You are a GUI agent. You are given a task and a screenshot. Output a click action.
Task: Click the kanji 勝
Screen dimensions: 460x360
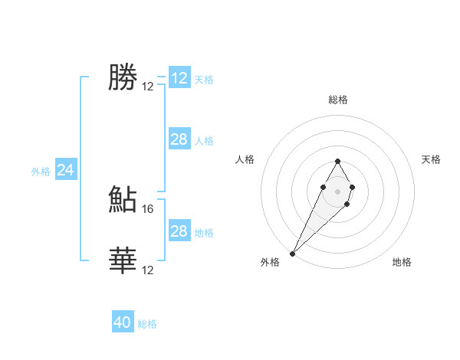tap(123, 77)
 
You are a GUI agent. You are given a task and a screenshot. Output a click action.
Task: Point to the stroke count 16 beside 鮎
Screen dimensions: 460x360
tap(149, 208)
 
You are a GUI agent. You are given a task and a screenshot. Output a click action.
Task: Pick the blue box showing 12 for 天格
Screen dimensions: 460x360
tap(179, 78)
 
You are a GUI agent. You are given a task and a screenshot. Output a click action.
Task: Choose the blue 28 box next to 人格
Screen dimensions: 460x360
tap(179, 139)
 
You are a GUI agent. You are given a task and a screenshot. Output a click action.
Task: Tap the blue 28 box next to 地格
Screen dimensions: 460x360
tap(179, 231)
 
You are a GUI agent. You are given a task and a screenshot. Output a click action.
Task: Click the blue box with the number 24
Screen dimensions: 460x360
tap(66, 170)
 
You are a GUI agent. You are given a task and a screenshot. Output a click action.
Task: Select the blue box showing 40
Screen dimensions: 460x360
tap(123, 322)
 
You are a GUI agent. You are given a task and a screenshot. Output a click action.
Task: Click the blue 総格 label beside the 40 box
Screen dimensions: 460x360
tap(147, 324)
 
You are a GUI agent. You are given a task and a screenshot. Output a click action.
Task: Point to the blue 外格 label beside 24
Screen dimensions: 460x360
tap(41, 172)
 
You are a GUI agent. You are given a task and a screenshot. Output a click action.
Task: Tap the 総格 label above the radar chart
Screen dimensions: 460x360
tap(337, 100)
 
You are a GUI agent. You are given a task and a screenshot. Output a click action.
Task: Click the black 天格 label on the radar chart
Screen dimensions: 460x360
tap(432, 159)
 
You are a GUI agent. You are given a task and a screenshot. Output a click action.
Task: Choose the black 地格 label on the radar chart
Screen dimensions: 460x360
tap(402, 262)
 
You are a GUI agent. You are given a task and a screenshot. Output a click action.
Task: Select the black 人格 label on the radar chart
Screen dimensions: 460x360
tap(245, 159)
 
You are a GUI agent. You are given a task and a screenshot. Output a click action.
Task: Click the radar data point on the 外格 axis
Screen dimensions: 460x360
tap(292, 253)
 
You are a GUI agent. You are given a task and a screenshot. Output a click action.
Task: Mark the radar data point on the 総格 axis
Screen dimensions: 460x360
tap(337, 161)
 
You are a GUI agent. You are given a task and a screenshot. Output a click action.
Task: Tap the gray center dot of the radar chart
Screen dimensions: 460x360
tap(337, 190)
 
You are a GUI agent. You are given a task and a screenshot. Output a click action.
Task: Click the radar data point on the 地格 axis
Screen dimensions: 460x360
tap(347, 204)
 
